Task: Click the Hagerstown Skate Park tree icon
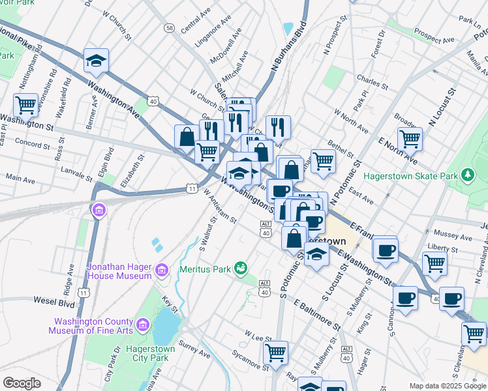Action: click(x=466, y=175)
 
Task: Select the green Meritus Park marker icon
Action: click(x=241, y=268)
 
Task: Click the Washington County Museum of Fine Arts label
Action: click(x=99, y=326)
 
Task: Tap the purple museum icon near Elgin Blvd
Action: click(x=99, y=210)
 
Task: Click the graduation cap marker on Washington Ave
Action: click(x=96, y=61)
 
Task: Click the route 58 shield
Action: click(x=170, y=28)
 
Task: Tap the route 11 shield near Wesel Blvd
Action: click(x=83, y=293)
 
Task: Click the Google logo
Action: click(x=22, y=383)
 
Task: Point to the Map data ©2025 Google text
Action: click(x=447, y=386)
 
